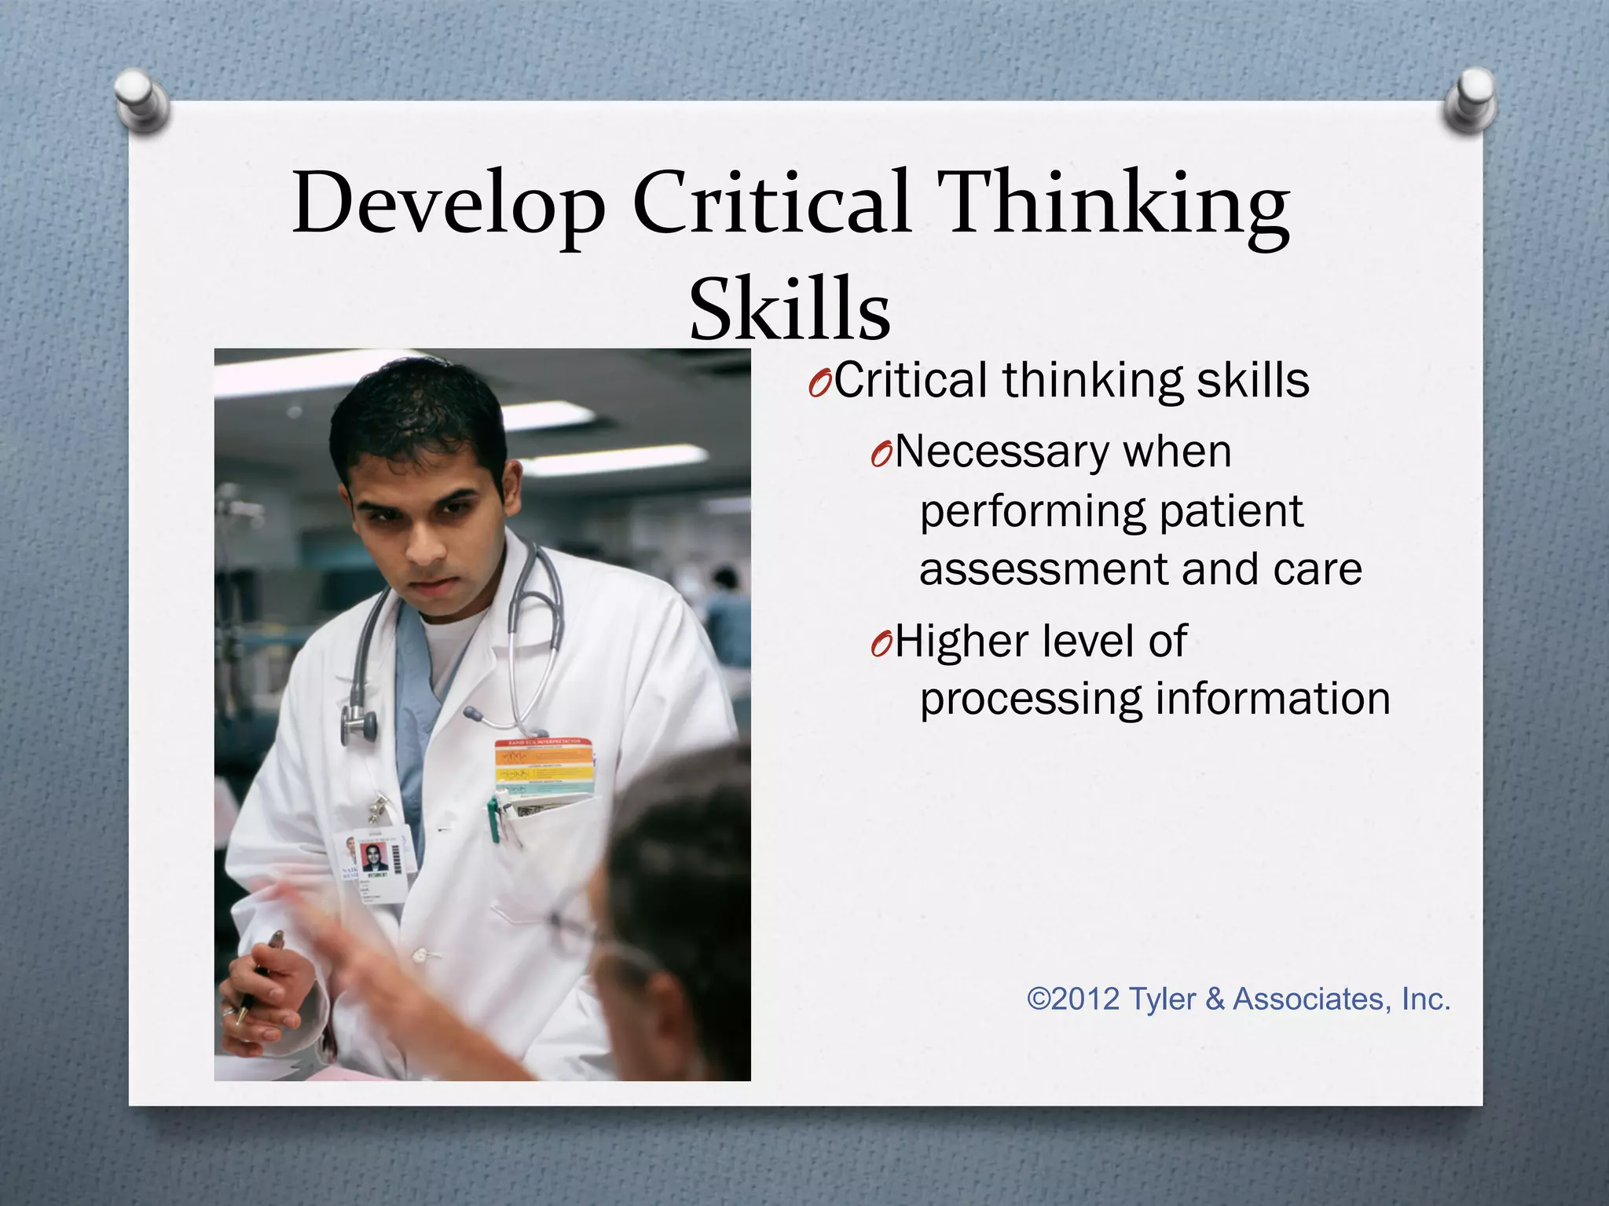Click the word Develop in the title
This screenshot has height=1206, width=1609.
[x=449, y=204]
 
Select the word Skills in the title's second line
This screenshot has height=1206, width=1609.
[x=790, y=310]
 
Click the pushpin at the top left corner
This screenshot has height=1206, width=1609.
[x=141, y=98]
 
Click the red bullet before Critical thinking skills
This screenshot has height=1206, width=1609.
[x=819, y=385]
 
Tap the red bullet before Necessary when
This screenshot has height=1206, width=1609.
[x=881, y=455]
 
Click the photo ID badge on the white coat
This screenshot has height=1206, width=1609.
[x=379, y=864]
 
